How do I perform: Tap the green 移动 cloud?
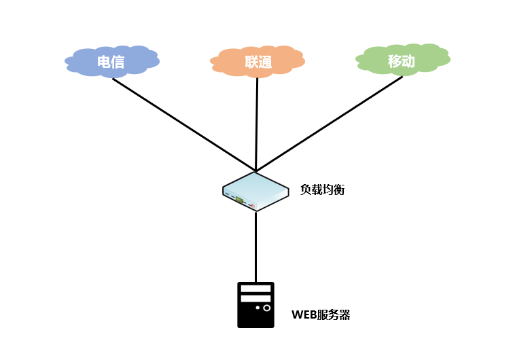point(402,60)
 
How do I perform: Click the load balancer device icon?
point(255,191)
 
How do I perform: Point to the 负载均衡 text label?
point(323,190)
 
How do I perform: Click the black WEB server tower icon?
point(255,305)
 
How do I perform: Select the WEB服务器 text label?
point(321,315)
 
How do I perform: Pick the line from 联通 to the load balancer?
point(257,122)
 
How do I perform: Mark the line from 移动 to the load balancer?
point(330,123)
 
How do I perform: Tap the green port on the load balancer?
point(239,200)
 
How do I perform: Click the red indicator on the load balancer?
point(253,205)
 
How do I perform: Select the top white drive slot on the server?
point(255,289)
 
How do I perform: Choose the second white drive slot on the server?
point(255,298)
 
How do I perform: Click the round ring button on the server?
point(267,308)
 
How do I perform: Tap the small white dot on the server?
point(258,308)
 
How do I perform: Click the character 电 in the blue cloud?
point(104,62)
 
